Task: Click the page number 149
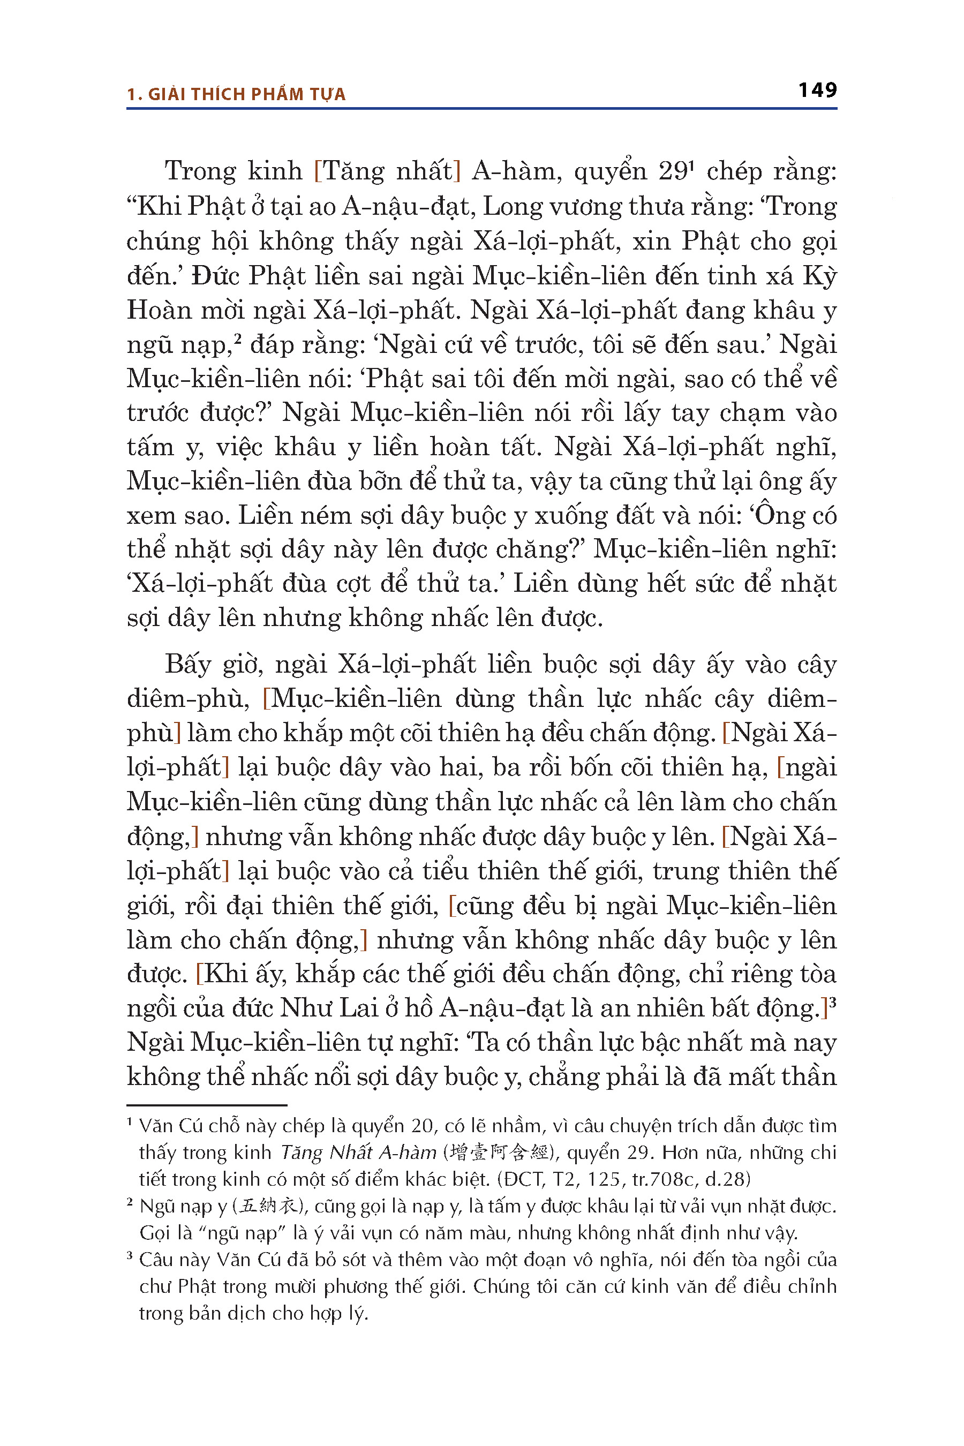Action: coord(817,91)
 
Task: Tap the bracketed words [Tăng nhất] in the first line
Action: coord(387,171)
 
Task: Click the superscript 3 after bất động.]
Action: coord(832,1003)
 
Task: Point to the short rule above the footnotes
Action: coord(207,1105)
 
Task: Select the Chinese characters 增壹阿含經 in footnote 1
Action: coord(499,1152)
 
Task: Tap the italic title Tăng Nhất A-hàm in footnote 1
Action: coord(359,1152)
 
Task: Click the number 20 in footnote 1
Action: coord(423,1126)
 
